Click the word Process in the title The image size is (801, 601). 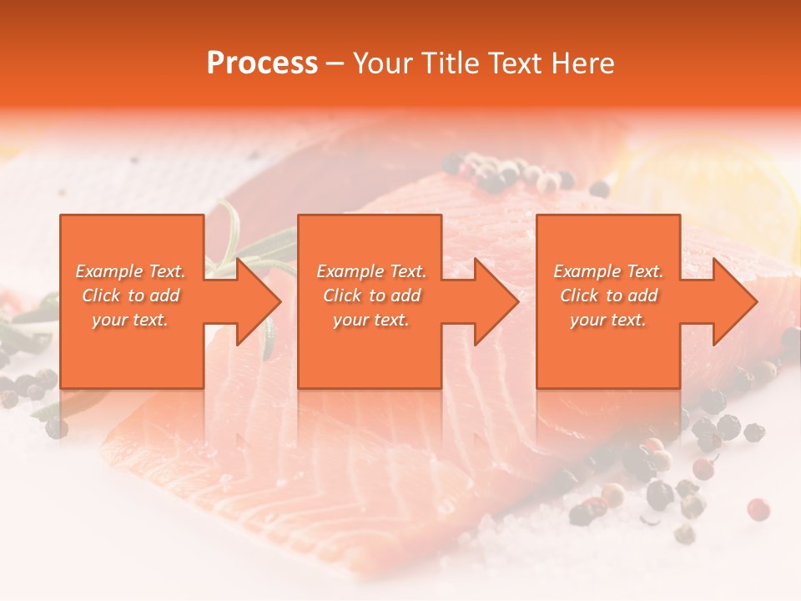(262, 63)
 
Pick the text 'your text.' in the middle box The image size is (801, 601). (370, 320)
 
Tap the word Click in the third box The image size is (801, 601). (579, 295)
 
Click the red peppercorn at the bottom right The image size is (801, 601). (758, 508)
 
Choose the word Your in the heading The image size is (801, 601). (381, 63)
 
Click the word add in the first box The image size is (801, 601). (165, 295)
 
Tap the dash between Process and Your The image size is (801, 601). (335, 63)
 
